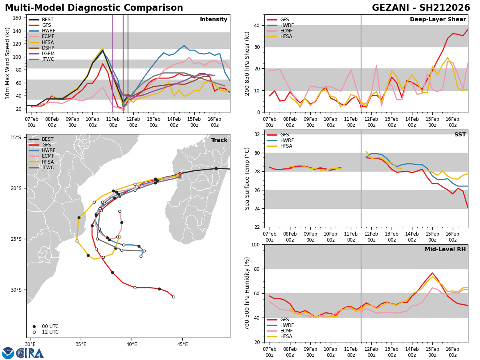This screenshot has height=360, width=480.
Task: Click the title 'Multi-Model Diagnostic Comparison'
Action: tap(94, 8)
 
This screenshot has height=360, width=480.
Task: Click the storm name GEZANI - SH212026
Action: tap(421, 8)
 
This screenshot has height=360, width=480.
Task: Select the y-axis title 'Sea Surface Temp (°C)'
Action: tap(247, 178)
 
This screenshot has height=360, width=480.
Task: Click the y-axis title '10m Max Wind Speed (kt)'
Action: tap(8, 63)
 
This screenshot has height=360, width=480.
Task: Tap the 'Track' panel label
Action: tap(219, 140)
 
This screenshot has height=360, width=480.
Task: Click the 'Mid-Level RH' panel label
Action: tap(445, 250)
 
